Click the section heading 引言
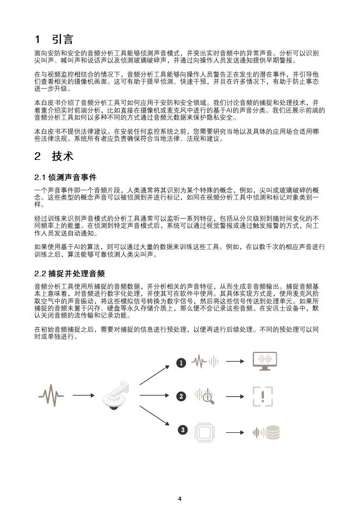[63, 39]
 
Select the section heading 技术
[63, 156]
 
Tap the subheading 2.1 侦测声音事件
[65, 177]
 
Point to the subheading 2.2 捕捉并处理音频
[69, 273]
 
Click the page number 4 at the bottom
[180, 498]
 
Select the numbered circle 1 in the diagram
[182, 362]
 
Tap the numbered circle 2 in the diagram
[182, 396]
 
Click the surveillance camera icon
[119, 396]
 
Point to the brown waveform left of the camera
[51, 396]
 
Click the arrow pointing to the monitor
[235, 362]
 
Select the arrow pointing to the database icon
[235, 432]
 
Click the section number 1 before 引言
[38, 39]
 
